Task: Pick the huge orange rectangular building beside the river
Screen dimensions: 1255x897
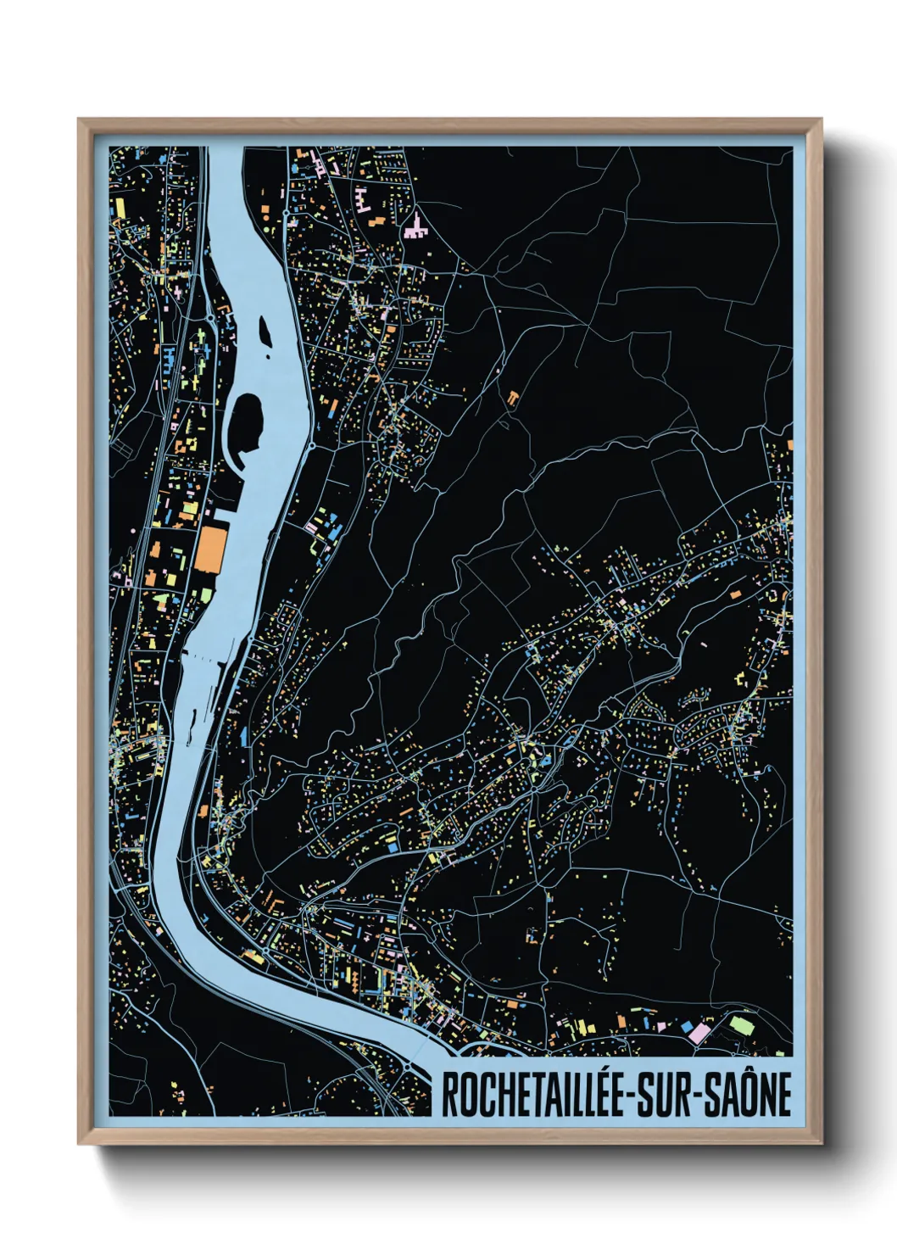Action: coord(211,549)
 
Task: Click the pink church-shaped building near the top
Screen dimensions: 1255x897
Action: coord(415,226)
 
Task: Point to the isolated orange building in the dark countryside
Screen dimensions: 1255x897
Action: coord(513,397)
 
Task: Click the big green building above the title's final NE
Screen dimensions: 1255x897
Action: coord(742,1025)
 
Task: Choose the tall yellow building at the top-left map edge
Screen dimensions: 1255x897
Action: coord(120,206)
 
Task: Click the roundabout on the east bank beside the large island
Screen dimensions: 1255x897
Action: coord(312,443)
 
